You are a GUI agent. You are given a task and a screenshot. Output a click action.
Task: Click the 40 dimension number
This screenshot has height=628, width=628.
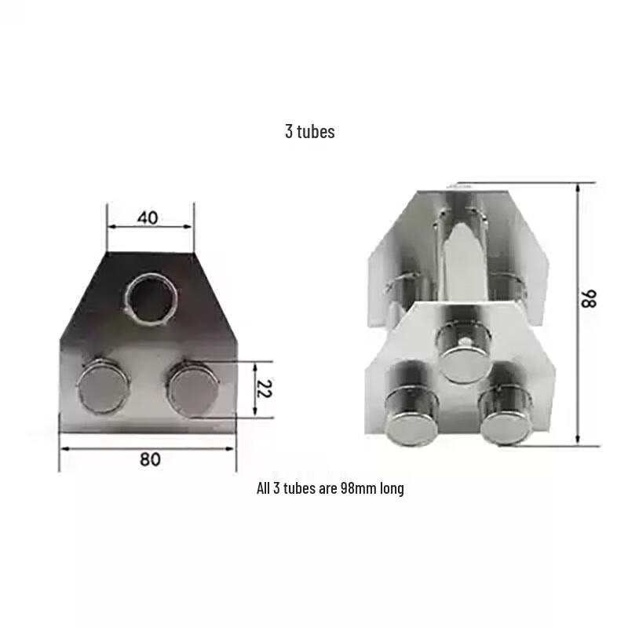(148, 218)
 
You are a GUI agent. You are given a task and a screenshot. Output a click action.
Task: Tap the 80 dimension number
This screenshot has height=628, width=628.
(150, 459)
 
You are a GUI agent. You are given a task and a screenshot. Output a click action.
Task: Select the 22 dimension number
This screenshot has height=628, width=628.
(264, 389)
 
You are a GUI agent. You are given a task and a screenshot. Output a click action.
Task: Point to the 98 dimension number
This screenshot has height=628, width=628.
(589, 299)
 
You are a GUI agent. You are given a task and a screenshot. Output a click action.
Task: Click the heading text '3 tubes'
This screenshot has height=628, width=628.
(310, 131)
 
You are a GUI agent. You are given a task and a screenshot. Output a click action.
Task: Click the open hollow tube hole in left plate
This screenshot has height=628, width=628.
(152, 298)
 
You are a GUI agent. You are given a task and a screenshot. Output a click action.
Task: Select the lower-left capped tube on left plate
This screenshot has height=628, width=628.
(104, 386)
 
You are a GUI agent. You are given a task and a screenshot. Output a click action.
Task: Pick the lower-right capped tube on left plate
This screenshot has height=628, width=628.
(193, 386)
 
